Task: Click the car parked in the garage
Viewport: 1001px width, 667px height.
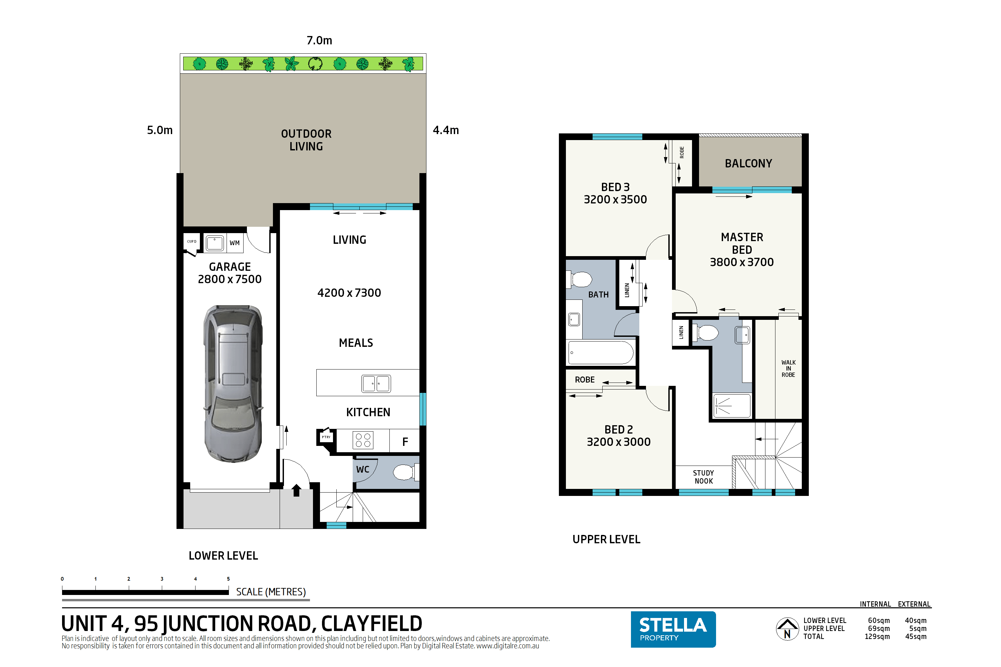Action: point(233,383)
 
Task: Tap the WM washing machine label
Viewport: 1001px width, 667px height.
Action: point(235,243)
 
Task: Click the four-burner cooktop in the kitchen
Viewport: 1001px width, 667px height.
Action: point(363,440)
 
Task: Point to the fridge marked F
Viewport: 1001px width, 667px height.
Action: point(405,442)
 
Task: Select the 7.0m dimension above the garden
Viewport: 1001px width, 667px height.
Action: point(319,40)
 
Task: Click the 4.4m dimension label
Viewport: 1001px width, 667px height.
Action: point(445,130)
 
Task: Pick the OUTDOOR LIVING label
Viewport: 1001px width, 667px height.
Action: point(306,140)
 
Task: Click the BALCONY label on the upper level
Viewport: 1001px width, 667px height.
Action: point(748,163)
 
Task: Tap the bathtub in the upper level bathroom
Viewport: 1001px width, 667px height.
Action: point(601,352)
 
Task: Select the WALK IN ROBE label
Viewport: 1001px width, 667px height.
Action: point(788,369)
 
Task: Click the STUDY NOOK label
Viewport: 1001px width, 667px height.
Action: point(703,477)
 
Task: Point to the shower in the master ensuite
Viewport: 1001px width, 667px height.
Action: point(732,406)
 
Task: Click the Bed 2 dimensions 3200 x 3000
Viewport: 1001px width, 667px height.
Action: point(618,442)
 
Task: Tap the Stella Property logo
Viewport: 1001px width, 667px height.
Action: point(673,629)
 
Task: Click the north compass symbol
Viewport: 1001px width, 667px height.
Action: point(787,629)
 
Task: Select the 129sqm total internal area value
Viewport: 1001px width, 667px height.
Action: point(877,636)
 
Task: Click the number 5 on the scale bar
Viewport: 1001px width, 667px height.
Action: point(228,579)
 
